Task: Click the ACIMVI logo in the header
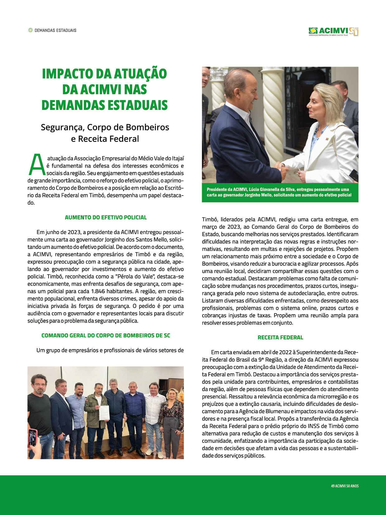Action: pyautogui.click(x=333, y=31)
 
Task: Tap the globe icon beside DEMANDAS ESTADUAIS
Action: pyautogui.click(x=30, y=30)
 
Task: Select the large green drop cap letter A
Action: pyautogui.click(x=37, y=165)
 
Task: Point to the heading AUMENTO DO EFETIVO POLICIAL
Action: pyautogui.click(x=106, y=217)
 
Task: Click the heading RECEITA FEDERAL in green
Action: pyautogui.click(x=280, y=337)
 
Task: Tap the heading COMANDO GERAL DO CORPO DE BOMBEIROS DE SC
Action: pyautogui.click(x=106, y=335)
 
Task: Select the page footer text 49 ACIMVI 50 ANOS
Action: pyautogui.click(x=345, y=486)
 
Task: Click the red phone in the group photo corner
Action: pyautogui.click(x=32, y=437)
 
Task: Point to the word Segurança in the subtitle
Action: pyautogui.click(x=62, y=127)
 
